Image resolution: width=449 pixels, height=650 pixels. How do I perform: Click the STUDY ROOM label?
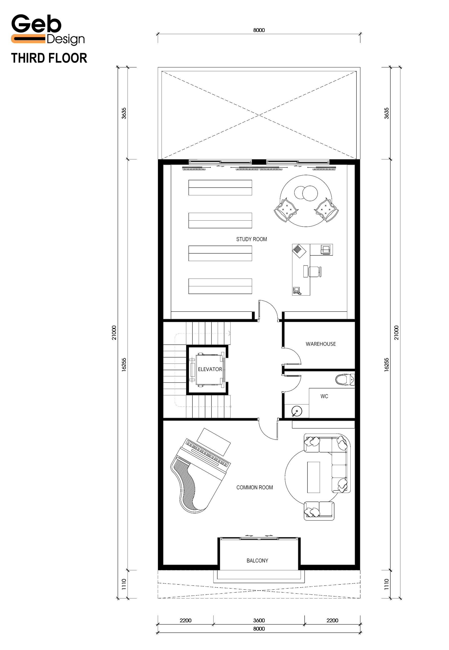pos(252,239)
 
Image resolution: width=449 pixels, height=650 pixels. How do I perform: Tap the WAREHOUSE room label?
pos(321,344)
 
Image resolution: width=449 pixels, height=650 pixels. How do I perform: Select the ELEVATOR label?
pos(210,369)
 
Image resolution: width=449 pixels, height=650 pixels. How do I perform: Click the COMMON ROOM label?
pos(254,487)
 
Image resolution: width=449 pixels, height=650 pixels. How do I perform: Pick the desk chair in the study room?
pos(315,271)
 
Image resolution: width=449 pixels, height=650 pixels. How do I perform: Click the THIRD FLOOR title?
pos(49,58)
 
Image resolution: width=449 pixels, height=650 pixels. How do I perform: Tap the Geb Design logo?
pos(48,29)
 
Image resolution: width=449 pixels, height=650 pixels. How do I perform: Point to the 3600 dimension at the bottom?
pos(259,621)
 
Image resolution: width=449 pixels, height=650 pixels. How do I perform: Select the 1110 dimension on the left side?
pos(124,584)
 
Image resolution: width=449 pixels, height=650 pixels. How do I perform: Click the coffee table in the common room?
pos(313,477)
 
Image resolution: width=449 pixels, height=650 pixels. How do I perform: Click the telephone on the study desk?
pos(297,291)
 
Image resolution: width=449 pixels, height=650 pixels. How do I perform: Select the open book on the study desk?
pos(299,251)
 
